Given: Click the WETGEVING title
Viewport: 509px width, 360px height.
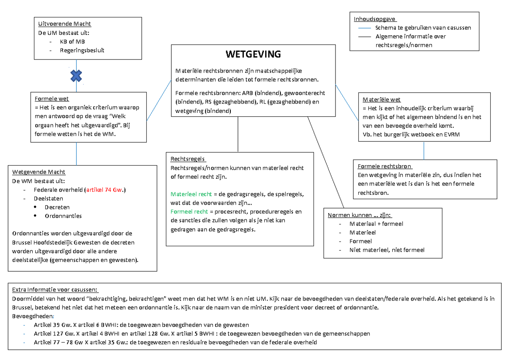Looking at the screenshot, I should [x=253, y=54].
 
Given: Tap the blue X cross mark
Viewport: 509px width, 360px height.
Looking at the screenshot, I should [x=76, y=76].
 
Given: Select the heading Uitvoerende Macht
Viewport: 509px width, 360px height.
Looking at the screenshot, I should [x=64, y=24].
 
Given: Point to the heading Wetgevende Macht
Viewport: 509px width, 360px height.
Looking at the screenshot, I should [x=39, y=172].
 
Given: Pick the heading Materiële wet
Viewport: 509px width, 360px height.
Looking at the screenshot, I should [x=381, y=100].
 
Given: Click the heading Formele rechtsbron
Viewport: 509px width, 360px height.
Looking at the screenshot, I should [x=385, y=166].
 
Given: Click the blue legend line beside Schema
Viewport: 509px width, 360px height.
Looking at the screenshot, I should [x=364, y=28].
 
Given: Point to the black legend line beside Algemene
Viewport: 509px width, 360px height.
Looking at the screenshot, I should [x=364, y=37].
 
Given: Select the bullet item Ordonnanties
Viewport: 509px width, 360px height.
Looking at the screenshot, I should [x=63, y=216].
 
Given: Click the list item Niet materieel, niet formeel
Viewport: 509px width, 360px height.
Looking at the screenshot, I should [x=386, y=250].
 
